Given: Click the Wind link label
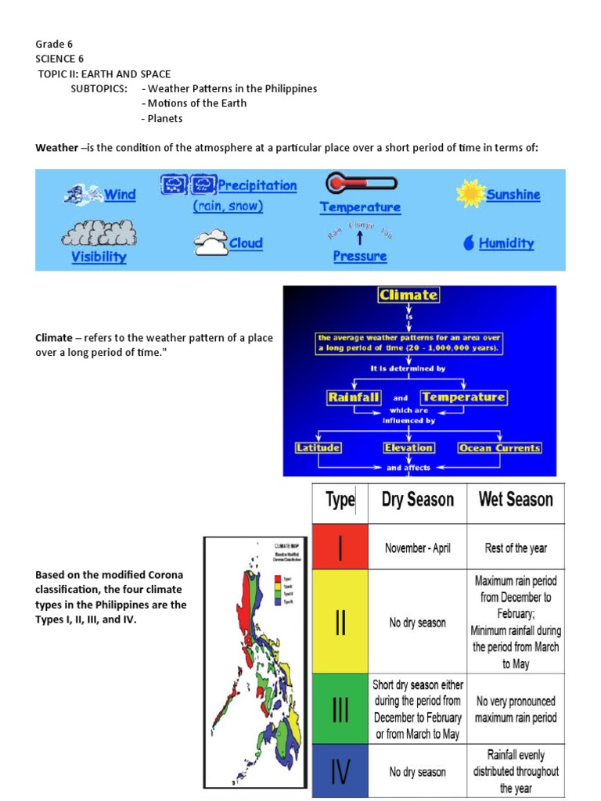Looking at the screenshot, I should [x=120, y=195].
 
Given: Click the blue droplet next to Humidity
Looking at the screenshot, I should [x=468, y=243].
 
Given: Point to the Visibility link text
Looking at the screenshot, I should [x=99, y=257].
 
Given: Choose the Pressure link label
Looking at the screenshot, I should [x=359, y=256].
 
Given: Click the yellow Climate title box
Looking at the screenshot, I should [x=408, y=295].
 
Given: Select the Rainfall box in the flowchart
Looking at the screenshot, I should [x=354, y=397].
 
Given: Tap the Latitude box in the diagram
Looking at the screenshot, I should [x=318, y=448].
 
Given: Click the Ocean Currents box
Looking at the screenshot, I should [x=499, y=448].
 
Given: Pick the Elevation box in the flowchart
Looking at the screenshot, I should [x=408, y=448].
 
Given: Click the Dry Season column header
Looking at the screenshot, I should [x=417, y=500].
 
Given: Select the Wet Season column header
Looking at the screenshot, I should [x=516, y=500].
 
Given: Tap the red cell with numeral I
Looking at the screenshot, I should [x=340, y=548].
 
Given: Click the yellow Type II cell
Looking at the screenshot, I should [x=340, y=622].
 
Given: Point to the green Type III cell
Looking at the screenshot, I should [x=340, y=709].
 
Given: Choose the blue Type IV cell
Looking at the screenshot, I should [x=340, y=771].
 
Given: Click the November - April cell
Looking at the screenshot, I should [x=417, y=548].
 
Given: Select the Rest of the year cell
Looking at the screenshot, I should [x=516, y=548].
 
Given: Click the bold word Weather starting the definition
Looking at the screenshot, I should [x=56, y=148].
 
